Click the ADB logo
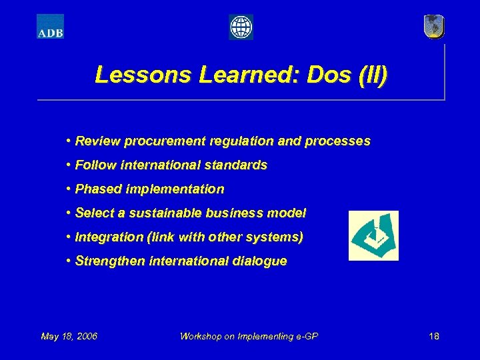(50, 27)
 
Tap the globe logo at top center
(241, 27)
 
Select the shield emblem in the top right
(433, 27)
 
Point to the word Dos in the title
(328, 75)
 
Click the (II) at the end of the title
(371, 75)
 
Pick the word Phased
(97, 189)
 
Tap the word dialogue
(261, 261)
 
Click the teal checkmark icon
(373, 235)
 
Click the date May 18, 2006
(69, 336)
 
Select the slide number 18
(434, 336)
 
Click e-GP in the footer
(306, 336)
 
